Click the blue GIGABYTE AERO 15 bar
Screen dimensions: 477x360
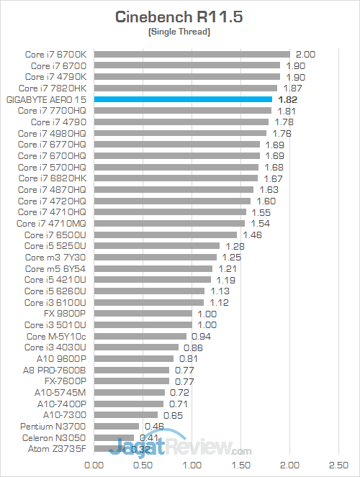tap(183, 99)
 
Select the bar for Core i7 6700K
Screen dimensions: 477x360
tap(192, 54)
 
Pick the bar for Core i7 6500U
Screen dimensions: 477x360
tap(165, 235)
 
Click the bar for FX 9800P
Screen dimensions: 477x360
tap(143, 314)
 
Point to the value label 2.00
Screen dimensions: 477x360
tap(306, 54)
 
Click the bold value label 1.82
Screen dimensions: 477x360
tap(287, 99)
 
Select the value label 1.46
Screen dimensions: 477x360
tap(253, 235)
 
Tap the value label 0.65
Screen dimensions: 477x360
tap(174, 415)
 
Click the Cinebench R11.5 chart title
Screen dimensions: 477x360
tap(179, 17)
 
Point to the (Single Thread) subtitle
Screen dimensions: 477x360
tap(179, 32)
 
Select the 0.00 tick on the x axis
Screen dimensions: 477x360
tap(94, 465)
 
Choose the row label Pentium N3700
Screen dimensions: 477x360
tap(56, 427)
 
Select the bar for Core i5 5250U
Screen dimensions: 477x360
tap(156, 246)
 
